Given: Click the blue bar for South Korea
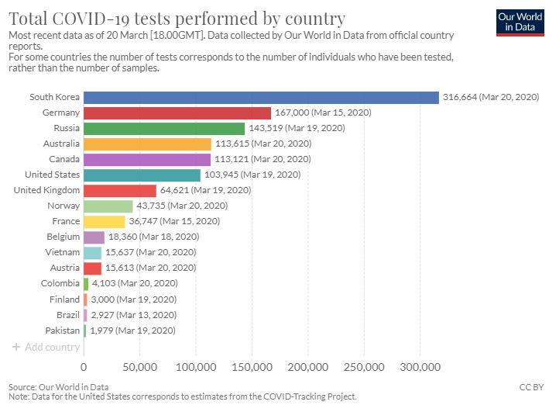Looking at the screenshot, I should point(261,97).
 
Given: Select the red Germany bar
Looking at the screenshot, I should point(177,112).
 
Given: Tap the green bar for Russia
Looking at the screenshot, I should point(164,128).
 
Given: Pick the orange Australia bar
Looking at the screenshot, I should point(147,144).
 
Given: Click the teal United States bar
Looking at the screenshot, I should point(142,175).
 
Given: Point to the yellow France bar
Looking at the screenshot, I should point(104,221).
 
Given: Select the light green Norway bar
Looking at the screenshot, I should point(108,206).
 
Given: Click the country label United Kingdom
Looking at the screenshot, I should point(46,190).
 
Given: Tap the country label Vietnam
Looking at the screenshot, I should point(63,252).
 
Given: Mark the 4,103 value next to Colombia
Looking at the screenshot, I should point(103,283).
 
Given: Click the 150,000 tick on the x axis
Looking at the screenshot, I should point(252,366).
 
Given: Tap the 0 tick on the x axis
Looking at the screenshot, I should point(84,366).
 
